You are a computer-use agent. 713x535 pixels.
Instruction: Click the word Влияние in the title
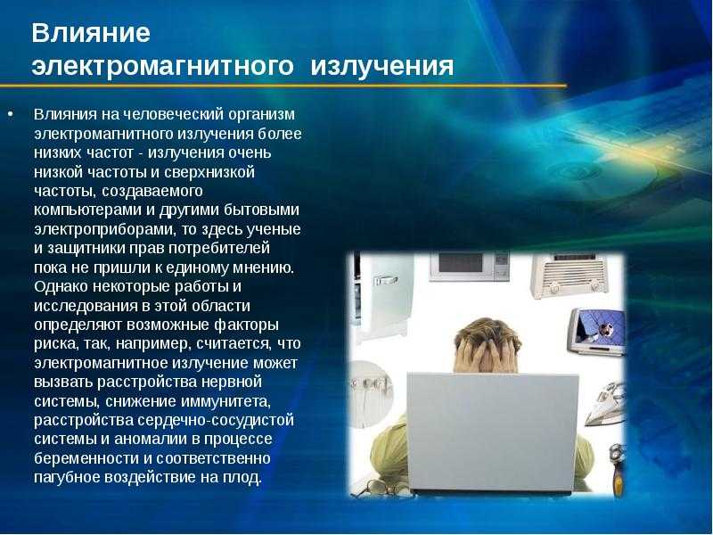(x=91, y=33)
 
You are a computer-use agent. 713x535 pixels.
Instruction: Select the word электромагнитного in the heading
(x=163, y=66)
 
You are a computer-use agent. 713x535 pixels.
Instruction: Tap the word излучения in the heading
(x=382, y=66)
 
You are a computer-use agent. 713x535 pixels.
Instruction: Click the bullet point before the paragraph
(x=11, y=114)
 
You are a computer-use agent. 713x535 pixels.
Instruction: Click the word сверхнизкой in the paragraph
(x=209, y=172)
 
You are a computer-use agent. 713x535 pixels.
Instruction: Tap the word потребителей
(x=219, y=249)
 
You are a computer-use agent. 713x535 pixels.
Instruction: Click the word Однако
(x=61, y=286)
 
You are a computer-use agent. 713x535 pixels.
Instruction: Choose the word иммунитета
(x=225, y=401)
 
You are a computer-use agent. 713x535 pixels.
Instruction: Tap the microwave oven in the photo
(x=470, y=266)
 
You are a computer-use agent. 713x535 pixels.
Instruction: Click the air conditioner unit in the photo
(x=569, y=276)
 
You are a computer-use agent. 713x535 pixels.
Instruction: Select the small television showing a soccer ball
(x=596, y=331)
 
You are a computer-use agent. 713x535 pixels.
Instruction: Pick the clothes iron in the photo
(x=605, y=404)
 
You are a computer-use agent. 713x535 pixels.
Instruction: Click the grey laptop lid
(x=492, y=432)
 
